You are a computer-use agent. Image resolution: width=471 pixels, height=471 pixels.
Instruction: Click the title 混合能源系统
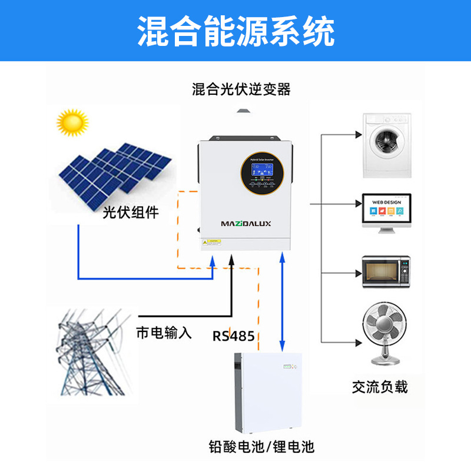click(x=235, y=31)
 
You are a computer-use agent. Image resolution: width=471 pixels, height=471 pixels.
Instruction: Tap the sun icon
click(x=71, y=122)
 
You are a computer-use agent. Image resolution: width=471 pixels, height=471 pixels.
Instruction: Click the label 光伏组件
click(x=130, y=213)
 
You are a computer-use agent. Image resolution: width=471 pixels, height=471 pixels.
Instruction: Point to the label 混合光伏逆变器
click(x=241, y=89)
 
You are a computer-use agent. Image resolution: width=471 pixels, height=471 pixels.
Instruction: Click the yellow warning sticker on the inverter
click(x=210, y=242)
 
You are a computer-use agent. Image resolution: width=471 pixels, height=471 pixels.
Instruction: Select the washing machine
click(x=386, y=144)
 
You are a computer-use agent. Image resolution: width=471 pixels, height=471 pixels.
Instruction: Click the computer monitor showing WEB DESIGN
click(x=386, y=211)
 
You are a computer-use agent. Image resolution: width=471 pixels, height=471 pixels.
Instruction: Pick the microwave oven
click(x=386, y=271)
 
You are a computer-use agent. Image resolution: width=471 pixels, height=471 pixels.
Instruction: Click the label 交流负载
click(x=380, y=387)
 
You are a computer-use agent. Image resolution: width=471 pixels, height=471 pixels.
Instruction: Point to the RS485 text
click(x=234, y=337)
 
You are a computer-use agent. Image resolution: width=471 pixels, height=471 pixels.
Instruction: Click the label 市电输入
click(x=164, y=333)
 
